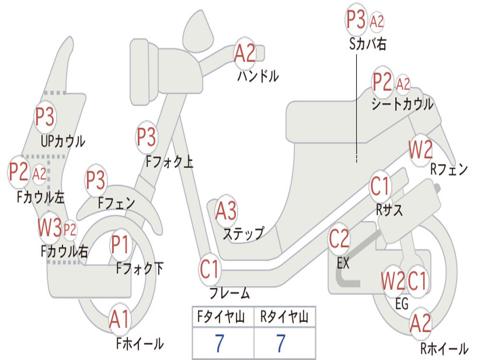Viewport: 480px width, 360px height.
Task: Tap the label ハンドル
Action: [x=258, y=76]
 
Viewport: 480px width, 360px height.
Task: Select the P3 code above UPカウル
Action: [x=45, y=116]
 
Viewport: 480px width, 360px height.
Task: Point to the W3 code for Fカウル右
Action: [x=50, y=227]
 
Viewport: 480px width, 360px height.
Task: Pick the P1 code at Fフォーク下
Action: [x=120, y=244]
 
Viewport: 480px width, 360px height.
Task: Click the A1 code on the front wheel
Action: [x=120, y=319]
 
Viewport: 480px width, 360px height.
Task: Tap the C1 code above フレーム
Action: [x=210, y=269]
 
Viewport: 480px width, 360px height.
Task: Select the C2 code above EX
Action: [x=339, y=239]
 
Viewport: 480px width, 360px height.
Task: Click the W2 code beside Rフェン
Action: [x=421, y=150]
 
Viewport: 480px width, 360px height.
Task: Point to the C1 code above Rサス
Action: [x=380, y=186]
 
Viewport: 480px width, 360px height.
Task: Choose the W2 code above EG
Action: [x=393, y=281]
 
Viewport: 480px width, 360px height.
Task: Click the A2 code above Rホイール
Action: [x=420, y=323]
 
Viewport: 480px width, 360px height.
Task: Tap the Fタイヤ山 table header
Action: [x=221, y=316]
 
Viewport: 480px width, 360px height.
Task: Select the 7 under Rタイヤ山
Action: [x=281, y=343]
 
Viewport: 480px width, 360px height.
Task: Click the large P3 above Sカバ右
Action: [x=356, y=19]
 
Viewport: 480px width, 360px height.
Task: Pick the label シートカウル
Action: [x=403, y=104]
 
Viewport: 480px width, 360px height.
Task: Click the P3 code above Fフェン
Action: [x=96, y=180]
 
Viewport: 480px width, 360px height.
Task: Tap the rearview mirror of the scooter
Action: [x=198, y=30]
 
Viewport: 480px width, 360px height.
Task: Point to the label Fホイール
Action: [x=140, y=344]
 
